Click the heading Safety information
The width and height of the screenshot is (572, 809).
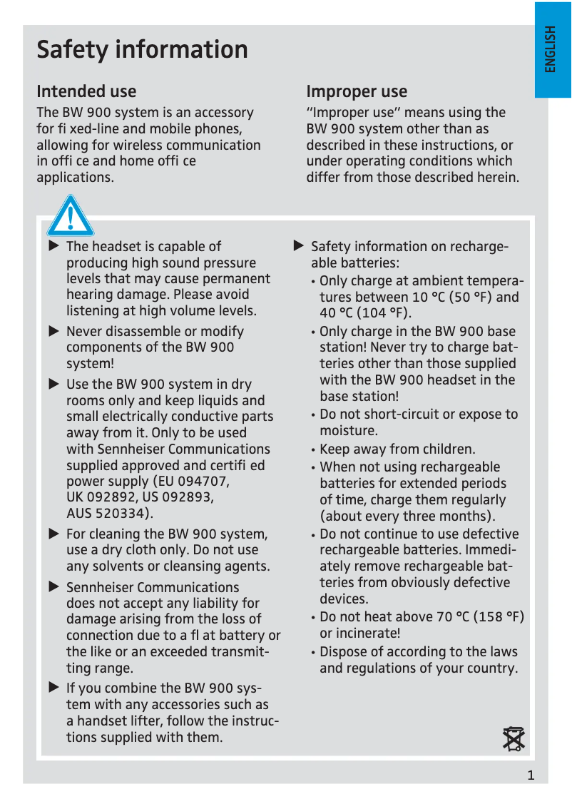click(x=142, y=50)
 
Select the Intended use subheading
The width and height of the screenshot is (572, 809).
click(x=86, y=91)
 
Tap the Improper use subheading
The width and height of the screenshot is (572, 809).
click(x=357, y=91)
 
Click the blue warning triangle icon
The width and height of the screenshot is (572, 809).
click(x=70, y=216)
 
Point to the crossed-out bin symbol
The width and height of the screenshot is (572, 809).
click(x=514, y=739)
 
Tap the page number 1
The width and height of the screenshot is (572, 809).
click(x=531, y=776)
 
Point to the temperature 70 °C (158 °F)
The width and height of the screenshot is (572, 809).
click(x=480, y=616)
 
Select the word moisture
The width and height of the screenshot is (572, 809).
click(x=348, y=431)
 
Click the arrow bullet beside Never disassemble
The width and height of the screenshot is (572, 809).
click(x=53, y=331)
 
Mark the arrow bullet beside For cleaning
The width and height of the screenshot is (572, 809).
click(x=53, y=534)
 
